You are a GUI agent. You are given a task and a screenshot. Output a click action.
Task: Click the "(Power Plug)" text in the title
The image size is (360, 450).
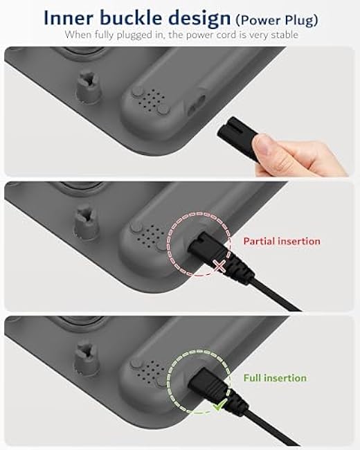tap(277, 20)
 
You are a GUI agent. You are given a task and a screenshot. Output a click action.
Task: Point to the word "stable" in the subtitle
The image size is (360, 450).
tap(285, 35)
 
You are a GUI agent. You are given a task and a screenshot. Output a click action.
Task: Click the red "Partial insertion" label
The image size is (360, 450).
tap(282, 241)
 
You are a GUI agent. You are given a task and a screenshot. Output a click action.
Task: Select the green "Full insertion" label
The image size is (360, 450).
tap(275, 378)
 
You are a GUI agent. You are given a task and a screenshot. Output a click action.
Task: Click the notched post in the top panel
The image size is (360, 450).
tap(89, 87)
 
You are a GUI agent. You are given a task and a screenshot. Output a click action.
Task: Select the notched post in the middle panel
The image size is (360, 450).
tap(87, 222)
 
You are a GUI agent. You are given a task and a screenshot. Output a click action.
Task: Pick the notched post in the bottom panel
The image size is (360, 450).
tap(87, 358)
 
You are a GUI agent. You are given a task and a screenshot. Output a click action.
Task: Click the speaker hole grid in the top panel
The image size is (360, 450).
tap(152, 100)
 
